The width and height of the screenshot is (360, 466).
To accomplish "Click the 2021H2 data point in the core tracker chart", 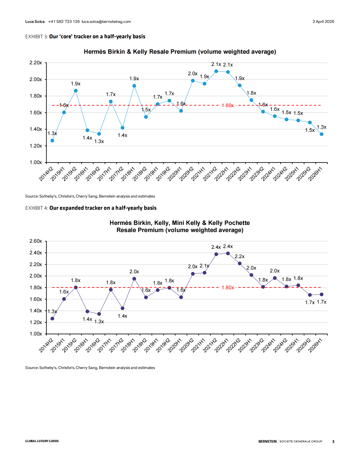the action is [x=216, y=71].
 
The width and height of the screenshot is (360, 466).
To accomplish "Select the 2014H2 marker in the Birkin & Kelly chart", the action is [x=52, y=141].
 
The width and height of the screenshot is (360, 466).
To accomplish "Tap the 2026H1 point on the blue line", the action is [x=321, y=134].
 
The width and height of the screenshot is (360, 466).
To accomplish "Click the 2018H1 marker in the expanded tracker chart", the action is [x=134, y=279].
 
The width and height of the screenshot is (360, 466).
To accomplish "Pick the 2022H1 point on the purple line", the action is [x=228, y=254].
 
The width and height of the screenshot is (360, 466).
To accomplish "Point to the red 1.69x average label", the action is [x=228, y=106].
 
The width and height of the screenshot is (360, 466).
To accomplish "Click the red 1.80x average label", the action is [x=228, y=288].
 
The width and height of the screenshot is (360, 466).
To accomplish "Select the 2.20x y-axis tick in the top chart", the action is [x=36, y=63].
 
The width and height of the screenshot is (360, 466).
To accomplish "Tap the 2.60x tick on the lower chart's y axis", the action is [x=36, y=241].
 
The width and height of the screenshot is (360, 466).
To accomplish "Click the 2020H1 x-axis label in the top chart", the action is [x=174, y=174].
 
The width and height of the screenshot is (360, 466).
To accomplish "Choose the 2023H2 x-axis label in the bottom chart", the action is [x=257, y=345].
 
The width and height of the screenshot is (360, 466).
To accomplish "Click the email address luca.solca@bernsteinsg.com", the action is [x=106, y=22].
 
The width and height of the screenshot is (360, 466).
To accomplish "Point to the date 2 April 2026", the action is [x=323, y=22].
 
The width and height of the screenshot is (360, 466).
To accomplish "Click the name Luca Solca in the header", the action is [x=35, y=22].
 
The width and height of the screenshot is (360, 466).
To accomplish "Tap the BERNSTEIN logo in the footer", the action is [x=267, y=441].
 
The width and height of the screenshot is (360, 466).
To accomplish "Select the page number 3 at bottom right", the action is [x=333, y=442].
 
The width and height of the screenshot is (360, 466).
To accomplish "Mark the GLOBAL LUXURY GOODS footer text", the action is [x=42, y=441].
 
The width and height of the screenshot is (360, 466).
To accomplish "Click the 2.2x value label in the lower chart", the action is [x=240, y=257].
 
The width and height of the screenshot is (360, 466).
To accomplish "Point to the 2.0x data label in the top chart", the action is [x=192, y=74].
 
